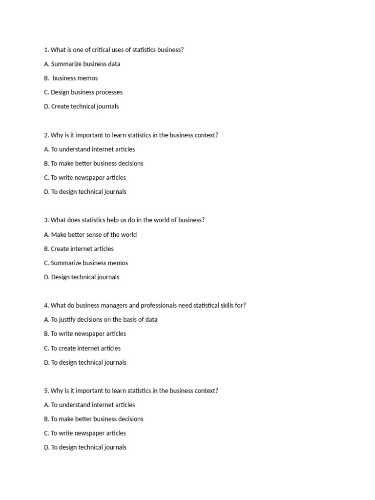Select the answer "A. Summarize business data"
(82, 64)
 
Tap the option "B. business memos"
(71, 78)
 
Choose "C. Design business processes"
(83, 92)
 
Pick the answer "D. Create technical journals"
(81, 106)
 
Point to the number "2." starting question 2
(46, 135)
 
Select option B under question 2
(93, 164)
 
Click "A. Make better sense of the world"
(90, 235)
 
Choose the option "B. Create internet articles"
(79, 249)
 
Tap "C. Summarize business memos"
(85, 263)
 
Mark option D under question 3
(81, 277)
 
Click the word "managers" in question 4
(111, 306)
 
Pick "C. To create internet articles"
(82, 349)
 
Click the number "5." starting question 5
(46, 391)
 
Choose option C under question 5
(84, 434)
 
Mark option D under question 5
(85, 448)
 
